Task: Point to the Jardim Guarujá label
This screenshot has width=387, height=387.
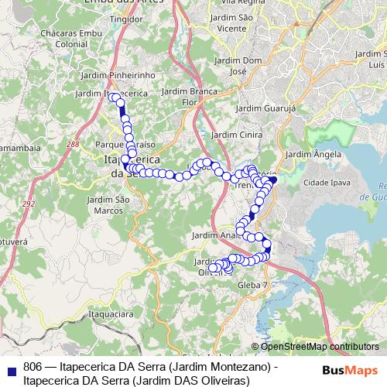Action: click(265, 109)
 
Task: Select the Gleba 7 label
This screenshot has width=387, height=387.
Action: click(252, 286)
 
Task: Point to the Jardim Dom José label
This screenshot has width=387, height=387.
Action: click(241, 65)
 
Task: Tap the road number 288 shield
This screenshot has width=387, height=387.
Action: click(73, 144)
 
